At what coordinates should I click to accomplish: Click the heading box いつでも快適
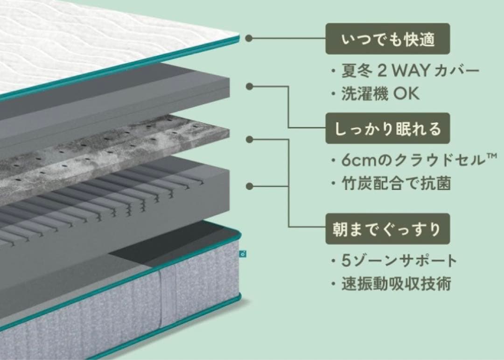[388, 39]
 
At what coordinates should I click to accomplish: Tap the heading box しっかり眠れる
[388, 128]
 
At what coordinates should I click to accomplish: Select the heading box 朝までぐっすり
[388, 229]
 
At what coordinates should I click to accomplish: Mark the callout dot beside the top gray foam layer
[250, 87]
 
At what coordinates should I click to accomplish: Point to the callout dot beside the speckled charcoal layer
[250, 139]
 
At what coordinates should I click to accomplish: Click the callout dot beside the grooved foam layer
[250, 186]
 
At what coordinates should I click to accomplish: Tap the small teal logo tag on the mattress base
[242, 255]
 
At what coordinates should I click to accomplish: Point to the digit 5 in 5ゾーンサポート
[345, 260]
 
